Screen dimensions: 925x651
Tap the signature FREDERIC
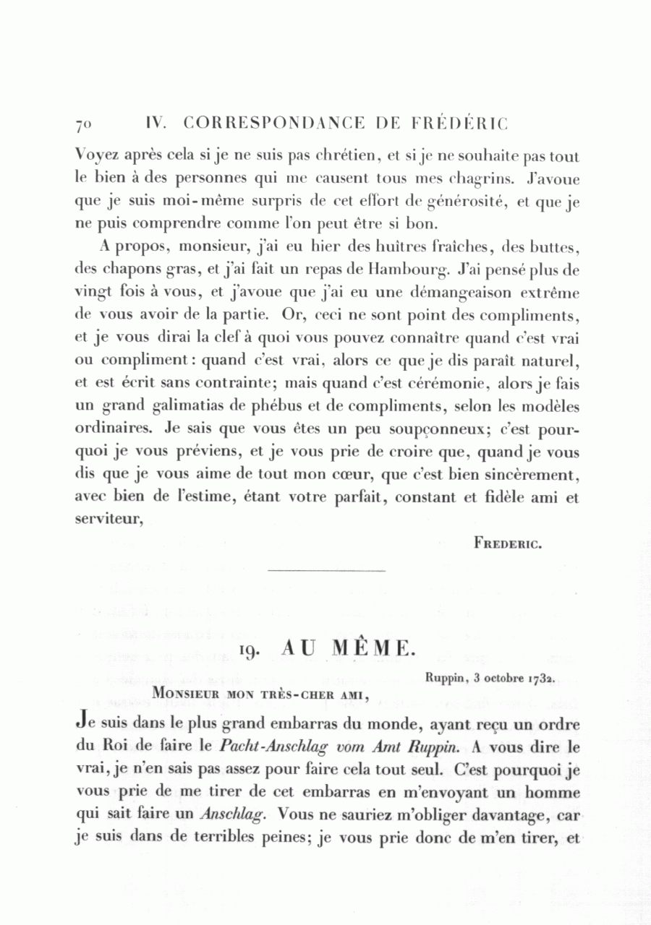[509, 543]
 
